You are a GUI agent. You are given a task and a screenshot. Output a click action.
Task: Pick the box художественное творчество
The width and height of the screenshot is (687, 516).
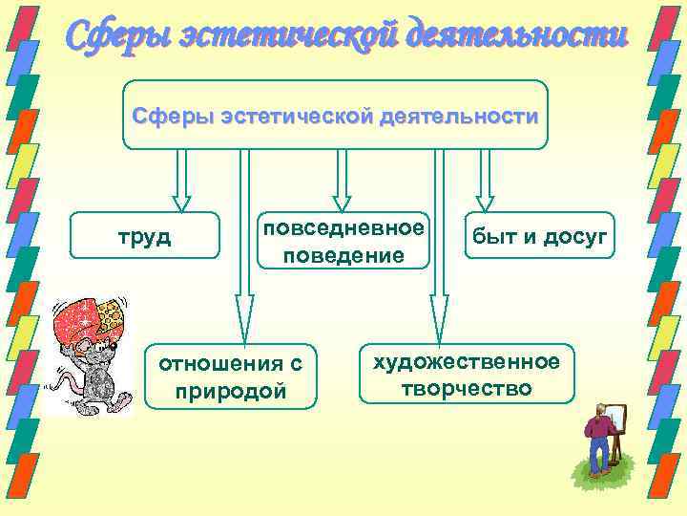[467, 375]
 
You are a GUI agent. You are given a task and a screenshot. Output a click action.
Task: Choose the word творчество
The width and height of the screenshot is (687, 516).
[467, 389]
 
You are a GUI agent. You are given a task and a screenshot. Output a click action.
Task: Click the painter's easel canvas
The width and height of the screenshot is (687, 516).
[616, 421]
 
